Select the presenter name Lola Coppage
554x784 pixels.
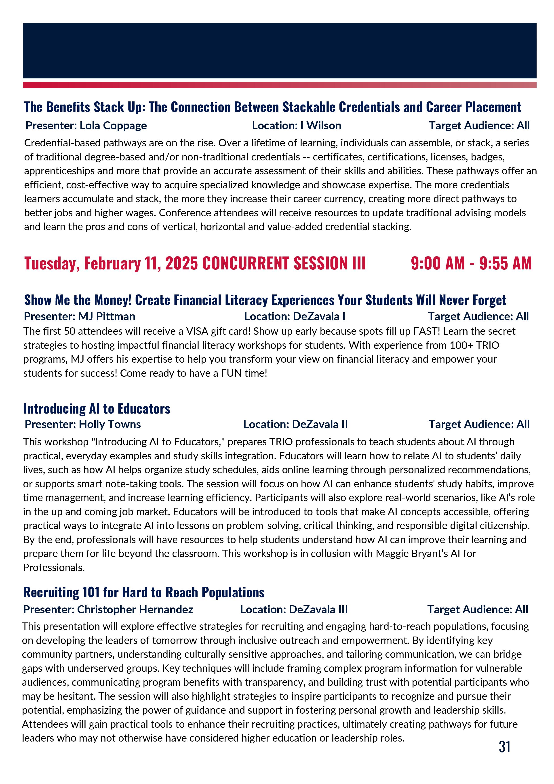(113, 126)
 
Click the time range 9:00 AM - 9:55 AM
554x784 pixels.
(471, 263)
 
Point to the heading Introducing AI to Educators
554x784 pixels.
(97, 408)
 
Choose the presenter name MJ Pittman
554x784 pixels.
(107, 317)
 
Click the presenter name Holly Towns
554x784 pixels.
(110, 425)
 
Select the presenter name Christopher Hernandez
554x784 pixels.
(135, 610)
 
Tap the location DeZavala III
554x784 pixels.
(318, 610)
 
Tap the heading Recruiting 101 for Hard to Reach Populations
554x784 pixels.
(144, 593)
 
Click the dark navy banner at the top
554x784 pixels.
(279, 50)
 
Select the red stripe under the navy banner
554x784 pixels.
(279, 85)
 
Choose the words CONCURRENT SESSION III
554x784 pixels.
(284, 263)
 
